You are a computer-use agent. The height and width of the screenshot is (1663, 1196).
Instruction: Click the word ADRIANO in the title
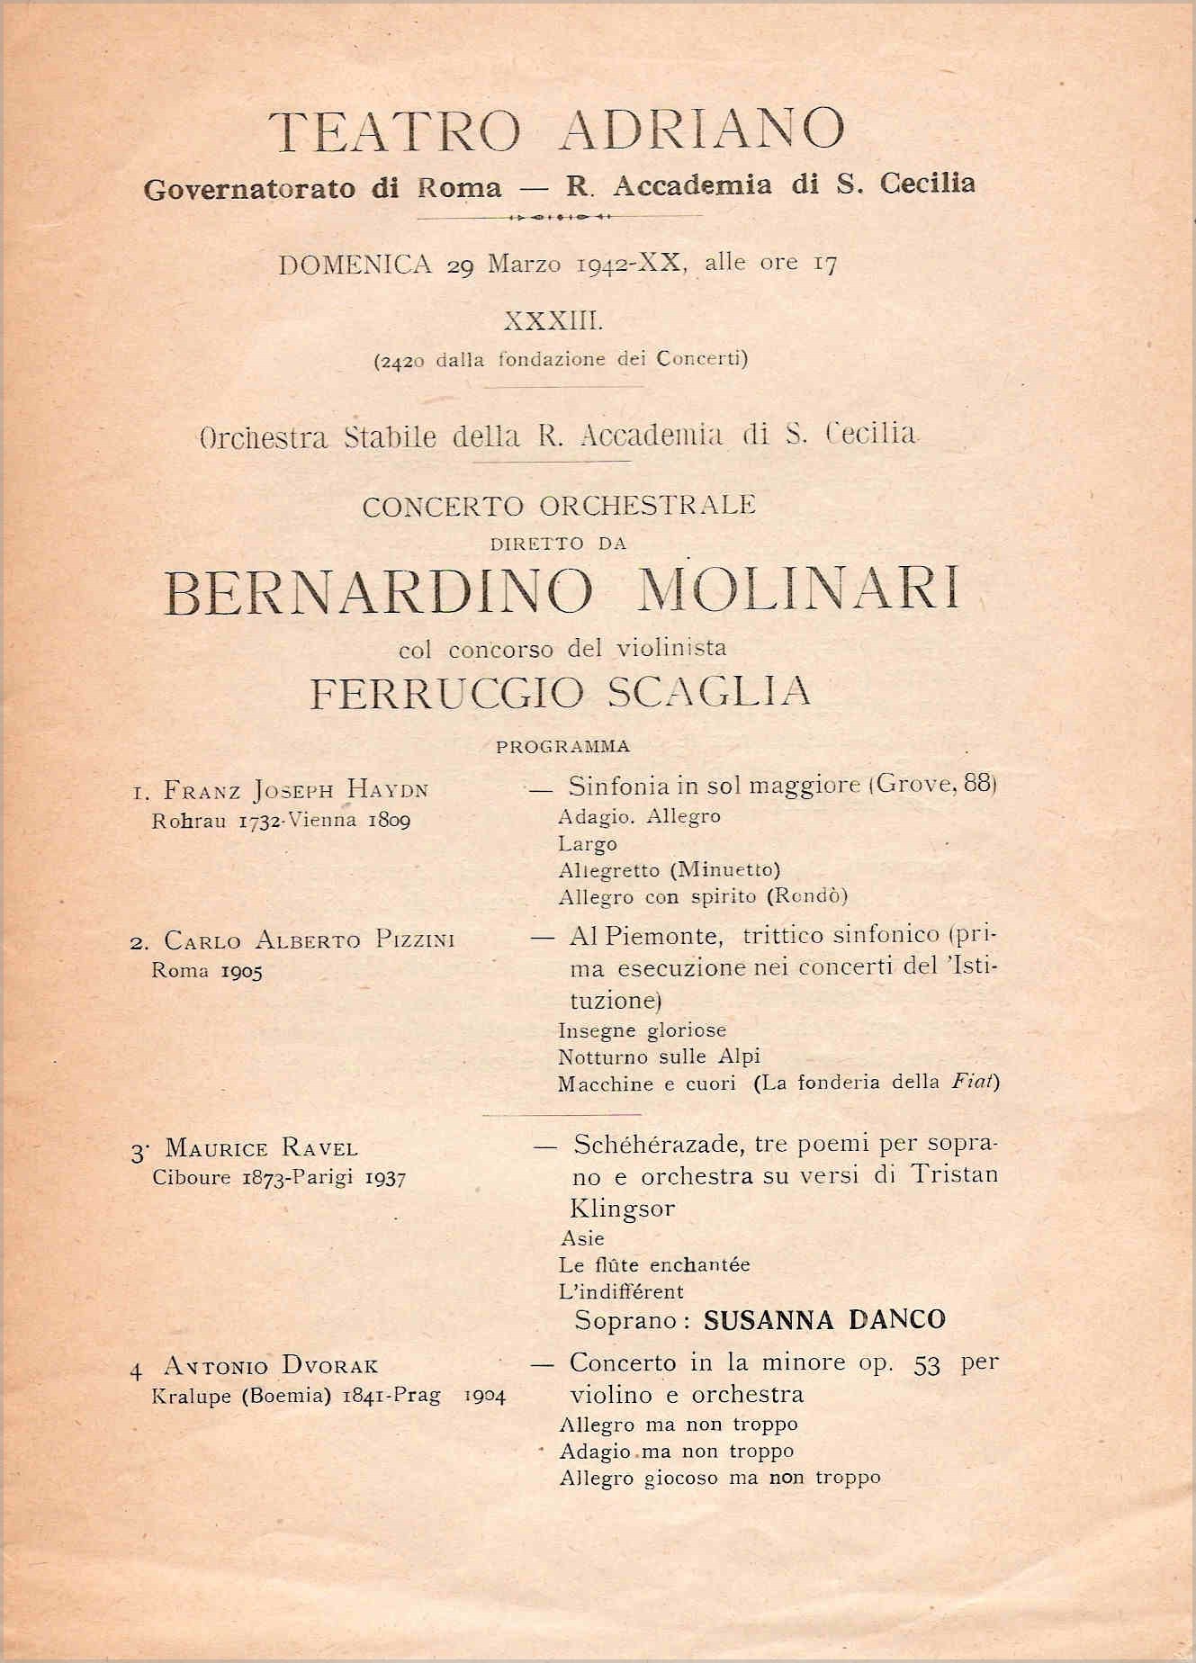pyautogui.click(x=701, y=130)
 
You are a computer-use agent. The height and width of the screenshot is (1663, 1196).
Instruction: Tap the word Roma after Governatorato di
pyautogui.click(x=460, y=187)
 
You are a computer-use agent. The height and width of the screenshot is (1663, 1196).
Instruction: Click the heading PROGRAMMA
pyautogui.click(x=563, y=747)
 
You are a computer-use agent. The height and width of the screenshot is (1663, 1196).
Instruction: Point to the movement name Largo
pyautogui.click(x=588, y=844)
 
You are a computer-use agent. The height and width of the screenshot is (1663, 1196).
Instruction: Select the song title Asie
pyautogui.click(x=582, y=1238)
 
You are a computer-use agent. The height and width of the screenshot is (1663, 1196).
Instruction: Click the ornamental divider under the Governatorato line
pyautogui.click(x=560, y=217)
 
